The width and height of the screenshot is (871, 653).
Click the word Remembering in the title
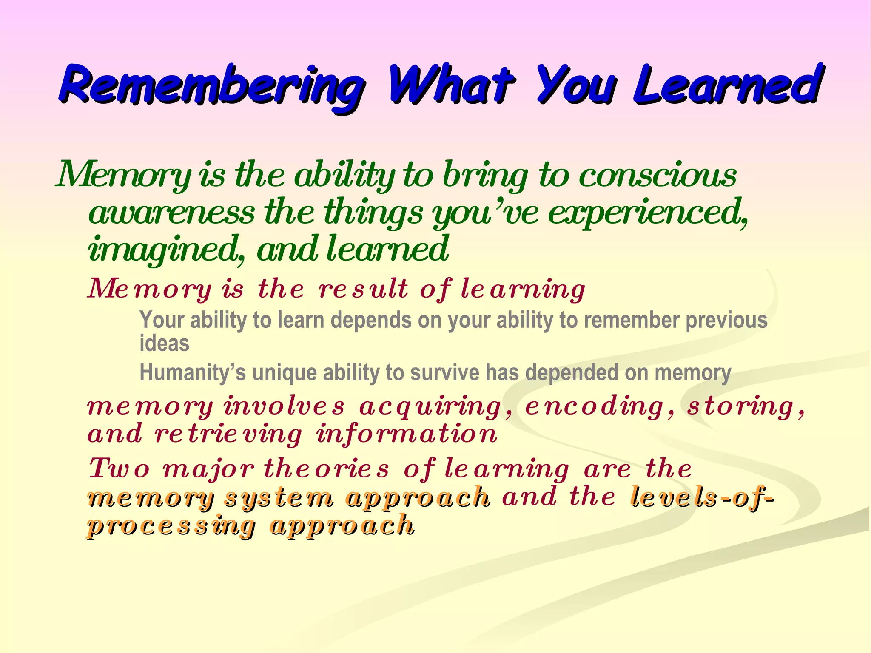click(211, 85)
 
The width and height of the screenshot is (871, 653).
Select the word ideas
click(164, 344)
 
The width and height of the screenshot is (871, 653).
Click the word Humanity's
click(193, 373)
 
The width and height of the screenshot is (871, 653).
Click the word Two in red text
click(120, 469)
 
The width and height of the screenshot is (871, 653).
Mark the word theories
click(327, 469)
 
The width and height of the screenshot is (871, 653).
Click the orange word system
click(279, 498)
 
